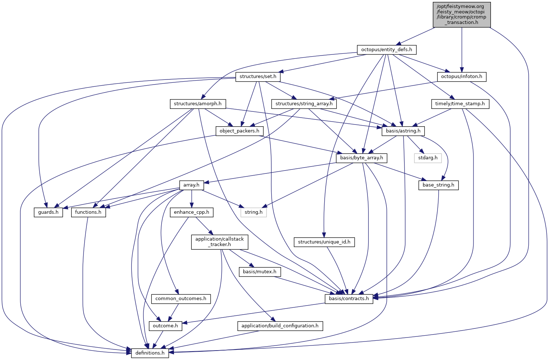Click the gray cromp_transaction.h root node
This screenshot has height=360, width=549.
(461, 14)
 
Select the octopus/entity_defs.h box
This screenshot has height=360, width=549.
(387, 49)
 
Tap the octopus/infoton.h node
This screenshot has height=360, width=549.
(461, 77)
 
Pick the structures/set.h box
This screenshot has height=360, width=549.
(258, 77)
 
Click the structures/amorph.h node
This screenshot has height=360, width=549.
(198, 104)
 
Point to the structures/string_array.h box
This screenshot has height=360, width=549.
(304, 104)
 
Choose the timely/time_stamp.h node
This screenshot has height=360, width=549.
(460, 104)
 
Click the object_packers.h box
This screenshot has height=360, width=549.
(239, 131)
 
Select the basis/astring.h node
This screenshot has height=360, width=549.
(403, 131)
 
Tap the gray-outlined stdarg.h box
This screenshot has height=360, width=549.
(428, 158)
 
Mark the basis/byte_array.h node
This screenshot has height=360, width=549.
(361, 158)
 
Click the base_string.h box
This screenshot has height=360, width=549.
(438, 185)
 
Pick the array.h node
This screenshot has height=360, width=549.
(191, 185)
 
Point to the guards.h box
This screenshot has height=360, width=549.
(48, 212)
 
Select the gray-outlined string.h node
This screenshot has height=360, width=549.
(253, 212)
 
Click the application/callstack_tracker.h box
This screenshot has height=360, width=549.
(220, 242)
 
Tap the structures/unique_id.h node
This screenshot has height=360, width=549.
(324, 242)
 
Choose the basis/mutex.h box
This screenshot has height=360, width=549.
(259, 271)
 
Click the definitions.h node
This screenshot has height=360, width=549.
(150, 353)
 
